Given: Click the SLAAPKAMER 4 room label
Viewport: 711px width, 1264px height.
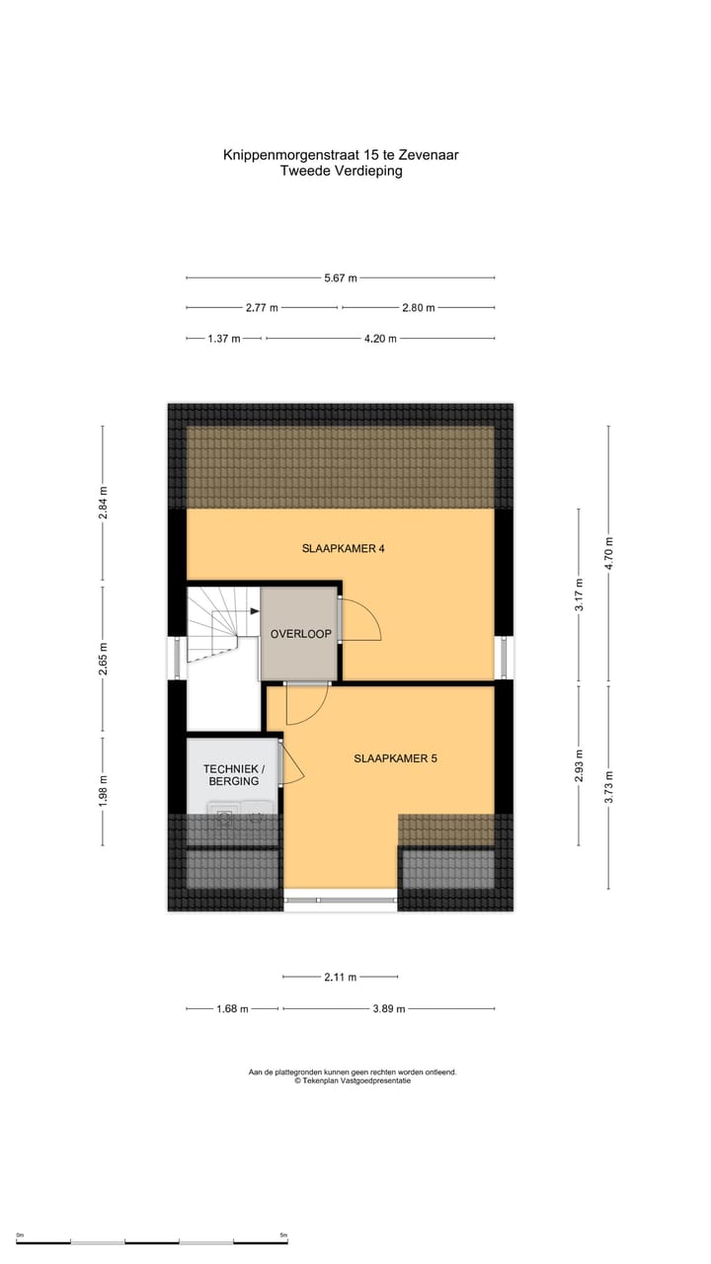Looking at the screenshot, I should [343, 548].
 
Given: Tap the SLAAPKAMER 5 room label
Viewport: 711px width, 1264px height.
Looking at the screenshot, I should [395, 758].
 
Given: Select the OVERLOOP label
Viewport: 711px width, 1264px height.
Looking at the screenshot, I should [300, 634].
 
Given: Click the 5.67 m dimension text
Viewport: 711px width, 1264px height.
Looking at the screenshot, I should [341, 278].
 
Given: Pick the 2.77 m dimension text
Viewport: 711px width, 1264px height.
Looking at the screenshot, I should [262, 308].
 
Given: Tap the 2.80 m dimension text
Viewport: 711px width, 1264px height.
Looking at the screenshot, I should [419, 308].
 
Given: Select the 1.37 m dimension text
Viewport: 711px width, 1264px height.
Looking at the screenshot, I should [224, 339].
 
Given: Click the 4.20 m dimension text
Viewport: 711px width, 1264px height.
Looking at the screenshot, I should [380, 339].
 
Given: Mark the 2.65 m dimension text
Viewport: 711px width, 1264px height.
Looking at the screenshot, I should [103, 659].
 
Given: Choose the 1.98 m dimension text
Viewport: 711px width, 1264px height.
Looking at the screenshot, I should [103, 790].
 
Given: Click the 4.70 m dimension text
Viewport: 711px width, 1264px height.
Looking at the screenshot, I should [609, 553].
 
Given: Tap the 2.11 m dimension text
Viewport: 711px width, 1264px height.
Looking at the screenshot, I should [341, 978].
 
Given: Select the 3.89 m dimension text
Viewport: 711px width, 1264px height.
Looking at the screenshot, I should [389, 1009].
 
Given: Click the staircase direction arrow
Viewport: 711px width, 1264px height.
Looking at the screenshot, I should [253, 611].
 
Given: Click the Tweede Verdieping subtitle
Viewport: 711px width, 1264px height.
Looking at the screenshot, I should [341, 171].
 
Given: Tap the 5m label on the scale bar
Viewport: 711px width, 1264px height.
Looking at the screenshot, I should [282, 1235].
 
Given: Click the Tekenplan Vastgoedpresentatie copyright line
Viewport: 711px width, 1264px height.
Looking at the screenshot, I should [353, 1080].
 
